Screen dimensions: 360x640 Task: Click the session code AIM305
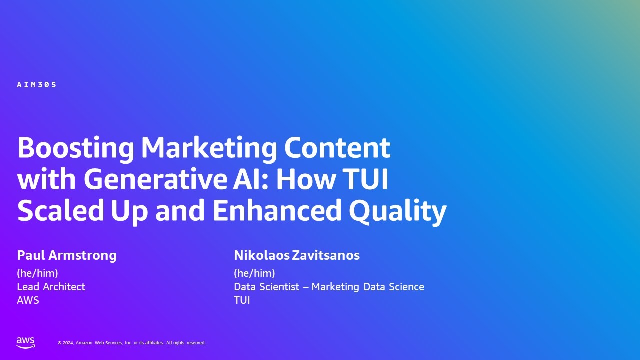[x=37, y=85]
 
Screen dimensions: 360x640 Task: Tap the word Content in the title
[x=337, y=148]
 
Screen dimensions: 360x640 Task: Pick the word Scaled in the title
[x=57, y=210]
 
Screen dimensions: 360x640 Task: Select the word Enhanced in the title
[x=276, y=210]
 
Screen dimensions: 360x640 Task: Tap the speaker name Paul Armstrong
[x=67, y=255]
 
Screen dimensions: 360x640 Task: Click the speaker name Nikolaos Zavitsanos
[x=296, y=255]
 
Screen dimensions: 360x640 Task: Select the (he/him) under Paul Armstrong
[x=38, y=273]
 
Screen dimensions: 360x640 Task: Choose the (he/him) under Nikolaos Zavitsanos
[x=254, y=273]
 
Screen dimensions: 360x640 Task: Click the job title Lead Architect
[x=51, y=287]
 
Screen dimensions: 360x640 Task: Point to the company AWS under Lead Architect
[x=28, y=300]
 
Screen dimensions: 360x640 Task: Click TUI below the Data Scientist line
[x=242, y=300]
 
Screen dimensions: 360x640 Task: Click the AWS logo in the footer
[x=26, y=342]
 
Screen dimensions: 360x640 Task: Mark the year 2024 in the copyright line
[x=68, y=343]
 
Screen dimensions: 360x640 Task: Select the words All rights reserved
[x=186, y=343]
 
